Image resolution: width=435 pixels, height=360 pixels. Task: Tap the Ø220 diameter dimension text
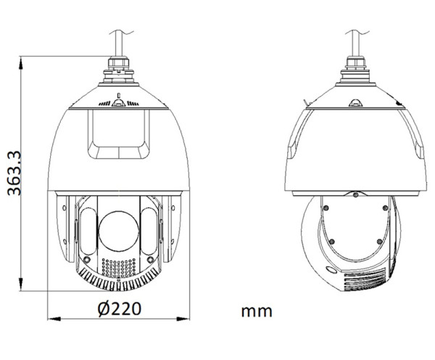[119, 308]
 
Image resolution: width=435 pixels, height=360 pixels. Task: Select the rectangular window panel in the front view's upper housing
[119, 133]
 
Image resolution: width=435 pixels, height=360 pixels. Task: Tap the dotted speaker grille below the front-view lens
[119, 267]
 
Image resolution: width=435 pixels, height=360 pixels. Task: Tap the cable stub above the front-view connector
[119, 40]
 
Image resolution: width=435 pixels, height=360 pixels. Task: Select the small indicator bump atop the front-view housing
[119, 95]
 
